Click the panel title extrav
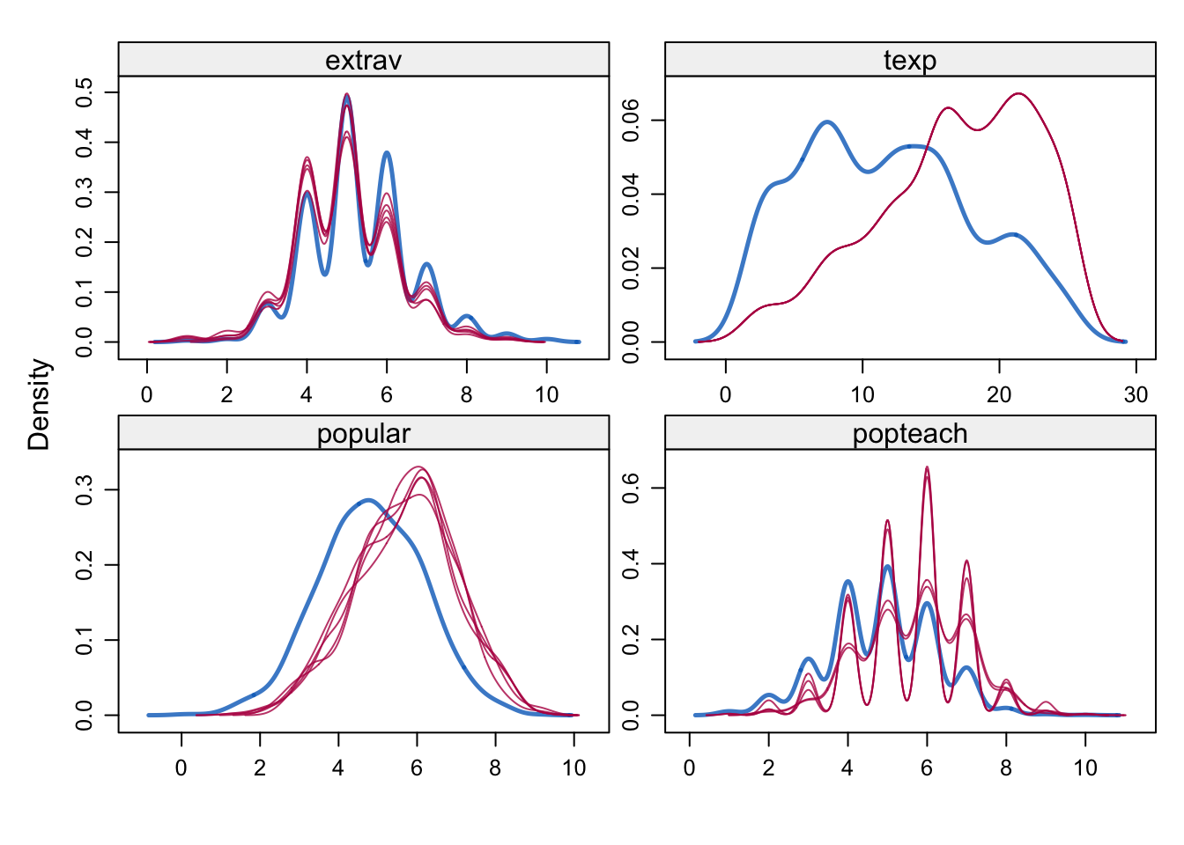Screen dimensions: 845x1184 (x=363, y=61)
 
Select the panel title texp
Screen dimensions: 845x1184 (x=910, y=61)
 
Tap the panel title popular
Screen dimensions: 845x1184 (x=363, y=434)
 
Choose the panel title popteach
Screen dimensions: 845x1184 (x=910, y=434)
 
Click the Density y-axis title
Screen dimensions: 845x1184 (x=40, y=404)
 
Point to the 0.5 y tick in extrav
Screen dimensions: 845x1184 (x=85, y=92)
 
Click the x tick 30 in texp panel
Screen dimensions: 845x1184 (x=1136, y=394)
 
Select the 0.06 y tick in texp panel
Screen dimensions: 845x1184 (x=631, y=120)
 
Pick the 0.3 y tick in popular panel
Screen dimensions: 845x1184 (x=85, y=489)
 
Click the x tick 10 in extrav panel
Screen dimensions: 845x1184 (x=546, y=394)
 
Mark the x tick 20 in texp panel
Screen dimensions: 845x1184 (x=999, y=394)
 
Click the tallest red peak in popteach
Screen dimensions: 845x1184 (x=927, y=467)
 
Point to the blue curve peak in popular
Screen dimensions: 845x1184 (x=367, y=500)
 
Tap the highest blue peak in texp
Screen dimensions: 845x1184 (x=827, y=121)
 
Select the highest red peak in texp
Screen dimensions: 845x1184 (x=1018, y=93)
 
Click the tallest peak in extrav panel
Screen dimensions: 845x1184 (x=347, y=94)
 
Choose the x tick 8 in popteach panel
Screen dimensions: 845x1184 (x=1006, y=768)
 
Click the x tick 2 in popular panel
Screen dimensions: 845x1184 (x=260, y=768)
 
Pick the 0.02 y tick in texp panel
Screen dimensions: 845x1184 (x=631, y=268)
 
